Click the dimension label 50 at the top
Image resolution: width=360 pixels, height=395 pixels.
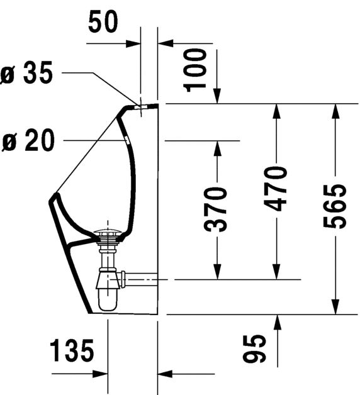pyautogui.click(x=103, y=21)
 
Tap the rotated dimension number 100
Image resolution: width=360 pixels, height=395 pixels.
pyautogui.click(x=195, y=70)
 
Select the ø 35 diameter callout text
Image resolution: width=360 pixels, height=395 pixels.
pyautogui.click(x=26, y=72)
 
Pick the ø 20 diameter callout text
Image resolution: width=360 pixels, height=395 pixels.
pyautogui.click(x=28, y=140)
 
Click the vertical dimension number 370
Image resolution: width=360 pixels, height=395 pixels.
pyautogui.click(x=215, y=209)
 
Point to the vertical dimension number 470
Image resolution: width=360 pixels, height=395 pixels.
pyautogui.click(x=275, y=189)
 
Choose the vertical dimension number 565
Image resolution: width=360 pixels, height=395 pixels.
pyautogui.click(x=335, y=206)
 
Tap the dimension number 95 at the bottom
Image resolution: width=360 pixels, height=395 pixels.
pyautogui.click(x=254, y=348)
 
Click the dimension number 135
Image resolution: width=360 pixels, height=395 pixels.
pyautogui.click(x=72, y=350)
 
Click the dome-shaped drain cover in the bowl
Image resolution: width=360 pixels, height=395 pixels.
pyautogui.click(x=108, y=231)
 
